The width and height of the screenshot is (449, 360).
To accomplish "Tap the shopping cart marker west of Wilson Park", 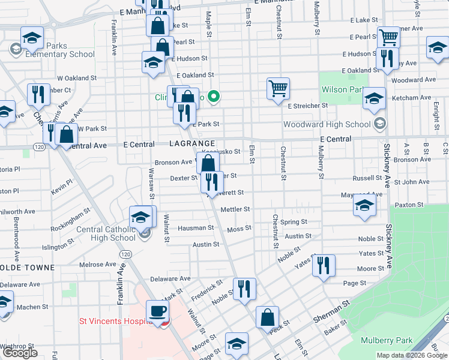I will point(278,89).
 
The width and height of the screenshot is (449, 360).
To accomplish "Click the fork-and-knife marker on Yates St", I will point(323,266).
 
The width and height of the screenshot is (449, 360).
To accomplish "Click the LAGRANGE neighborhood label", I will point(192,145).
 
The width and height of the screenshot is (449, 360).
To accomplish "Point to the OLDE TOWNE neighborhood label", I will point(28,268).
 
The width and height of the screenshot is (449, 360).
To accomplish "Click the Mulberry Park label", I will point(387,341).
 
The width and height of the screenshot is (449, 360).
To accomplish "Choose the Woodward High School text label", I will point(327,125).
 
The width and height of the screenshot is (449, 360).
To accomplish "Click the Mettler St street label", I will point(235,209).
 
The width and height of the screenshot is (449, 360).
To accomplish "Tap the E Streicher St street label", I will point(307,106).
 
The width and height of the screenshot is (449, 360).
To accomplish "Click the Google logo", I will point(20,353).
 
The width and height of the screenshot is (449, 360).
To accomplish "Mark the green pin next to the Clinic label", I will point(215,96).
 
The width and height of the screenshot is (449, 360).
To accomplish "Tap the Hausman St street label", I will point(195,228).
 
